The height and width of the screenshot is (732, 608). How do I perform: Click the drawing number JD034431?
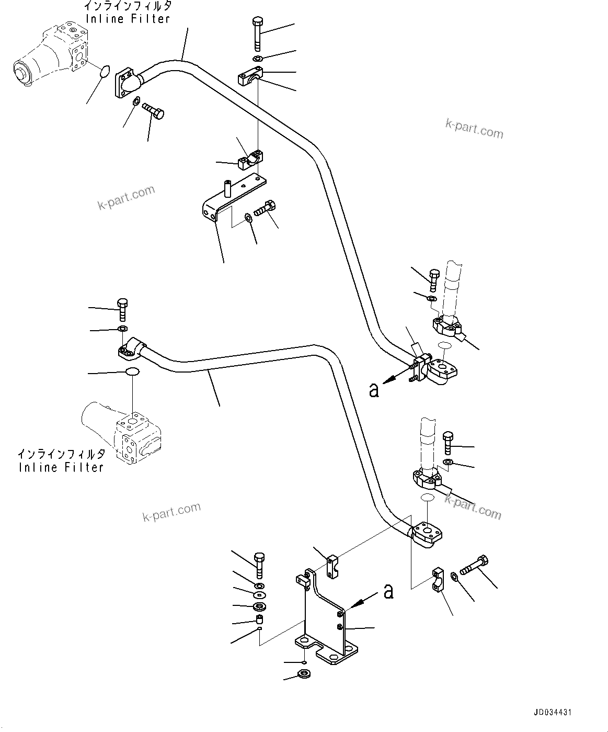click(x=553, y=712)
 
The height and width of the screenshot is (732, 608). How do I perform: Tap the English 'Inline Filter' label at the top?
click(x=128, y=19)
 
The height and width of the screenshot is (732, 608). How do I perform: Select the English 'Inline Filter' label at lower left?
click(x=61, y=467)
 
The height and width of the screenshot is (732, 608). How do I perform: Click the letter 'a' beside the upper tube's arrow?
click(x=373, y=390)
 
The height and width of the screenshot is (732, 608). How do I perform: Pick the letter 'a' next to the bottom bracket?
click(x=388, y=591)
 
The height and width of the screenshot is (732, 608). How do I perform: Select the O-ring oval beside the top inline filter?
click(x=105, y=71)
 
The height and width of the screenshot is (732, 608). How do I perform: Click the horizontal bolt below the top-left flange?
click(x=152, y=110)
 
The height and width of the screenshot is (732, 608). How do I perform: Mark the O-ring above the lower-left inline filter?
click(x=132, y=372)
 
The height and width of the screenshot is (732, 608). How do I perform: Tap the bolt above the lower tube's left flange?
click(x=122, y=309)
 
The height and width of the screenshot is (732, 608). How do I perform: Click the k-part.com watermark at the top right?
click(x=474, y=129)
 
